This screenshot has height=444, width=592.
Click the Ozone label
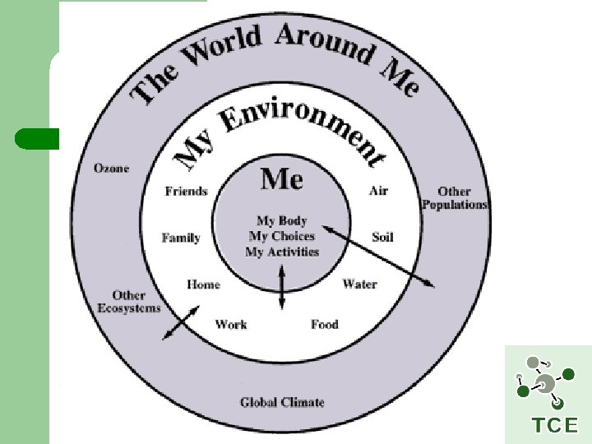[111, 168]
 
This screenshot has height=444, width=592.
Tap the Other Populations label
[454, 198]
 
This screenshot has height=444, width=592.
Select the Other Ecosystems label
[129, 301]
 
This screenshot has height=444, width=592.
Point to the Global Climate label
[282, 402]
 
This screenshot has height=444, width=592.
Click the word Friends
[187, 191]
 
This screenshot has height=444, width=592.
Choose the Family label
[181, 238]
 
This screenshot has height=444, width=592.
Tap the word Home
[203, 284]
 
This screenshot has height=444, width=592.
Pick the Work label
[231, 324]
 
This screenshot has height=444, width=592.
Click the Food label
[325, 324]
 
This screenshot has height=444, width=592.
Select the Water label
[359, 284]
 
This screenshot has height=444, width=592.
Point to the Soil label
[382, 237]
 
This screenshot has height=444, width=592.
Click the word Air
[378, 191]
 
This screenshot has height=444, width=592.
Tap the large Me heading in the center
[282, 178]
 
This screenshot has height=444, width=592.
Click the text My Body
[282, 220]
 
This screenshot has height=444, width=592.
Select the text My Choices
[282, 236]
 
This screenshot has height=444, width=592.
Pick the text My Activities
[282, 252]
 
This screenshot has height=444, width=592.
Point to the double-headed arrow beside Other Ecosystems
[181, 321]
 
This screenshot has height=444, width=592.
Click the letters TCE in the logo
[555, 425]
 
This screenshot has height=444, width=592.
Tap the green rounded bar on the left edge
[37, 139]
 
